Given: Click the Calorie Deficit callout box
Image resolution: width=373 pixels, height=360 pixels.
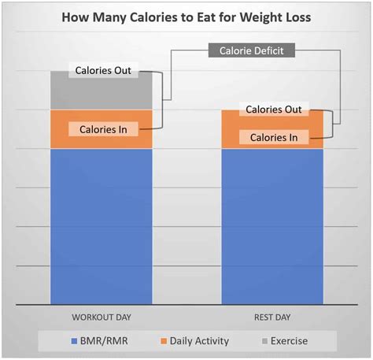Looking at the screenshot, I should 252,51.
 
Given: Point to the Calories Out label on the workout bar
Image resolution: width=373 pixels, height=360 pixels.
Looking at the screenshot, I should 102,71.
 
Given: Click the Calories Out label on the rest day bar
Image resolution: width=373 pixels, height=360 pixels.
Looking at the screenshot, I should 273,109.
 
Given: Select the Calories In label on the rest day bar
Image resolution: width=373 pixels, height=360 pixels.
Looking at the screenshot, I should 273,137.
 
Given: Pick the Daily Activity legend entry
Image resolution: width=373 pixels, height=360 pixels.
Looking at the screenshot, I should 199,341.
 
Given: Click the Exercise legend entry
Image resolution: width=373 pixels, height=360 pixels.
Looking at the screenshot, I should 288,341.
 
